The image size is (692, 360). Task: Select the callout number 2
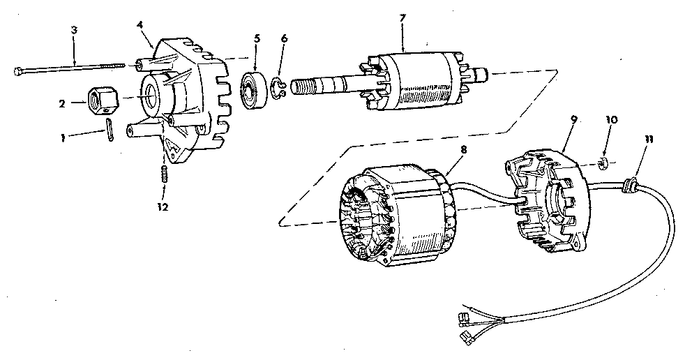tap(61, 103)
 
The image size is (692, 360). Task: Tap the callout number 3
tap(74, 30)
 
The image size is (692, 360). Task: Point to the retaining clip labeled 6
tap(277, 90)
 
